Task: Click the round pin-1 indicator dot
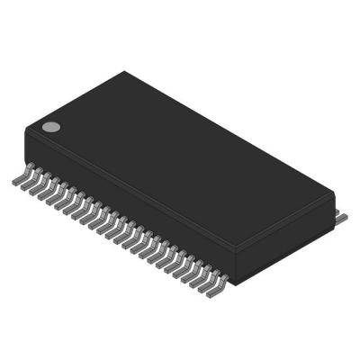pos(52,127)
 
